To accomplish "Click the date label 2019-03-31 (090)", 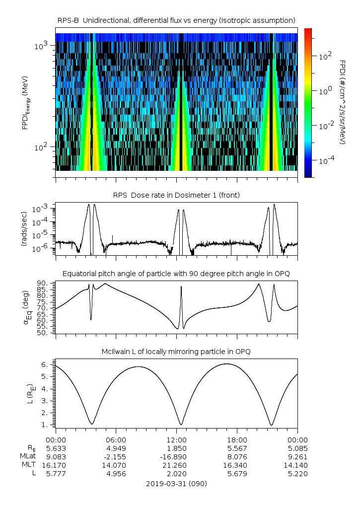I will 176,483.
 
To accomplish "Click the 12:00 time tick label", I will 176,439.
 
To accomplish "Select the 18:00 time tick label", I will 237,439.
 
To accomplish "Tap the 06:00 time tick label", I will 116,439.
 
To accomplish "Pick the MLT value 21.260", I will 176,465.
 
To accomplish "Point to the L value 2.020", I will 176,474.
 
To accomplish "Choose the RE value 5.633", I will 55,448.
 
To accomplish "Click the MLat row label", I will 27,456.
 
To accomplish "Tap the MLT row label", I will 27,465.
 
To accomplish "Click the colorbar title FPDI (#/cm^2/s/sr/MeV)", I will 343,102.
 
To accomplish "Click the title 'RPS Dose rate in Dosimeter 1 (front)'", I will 176,195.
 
